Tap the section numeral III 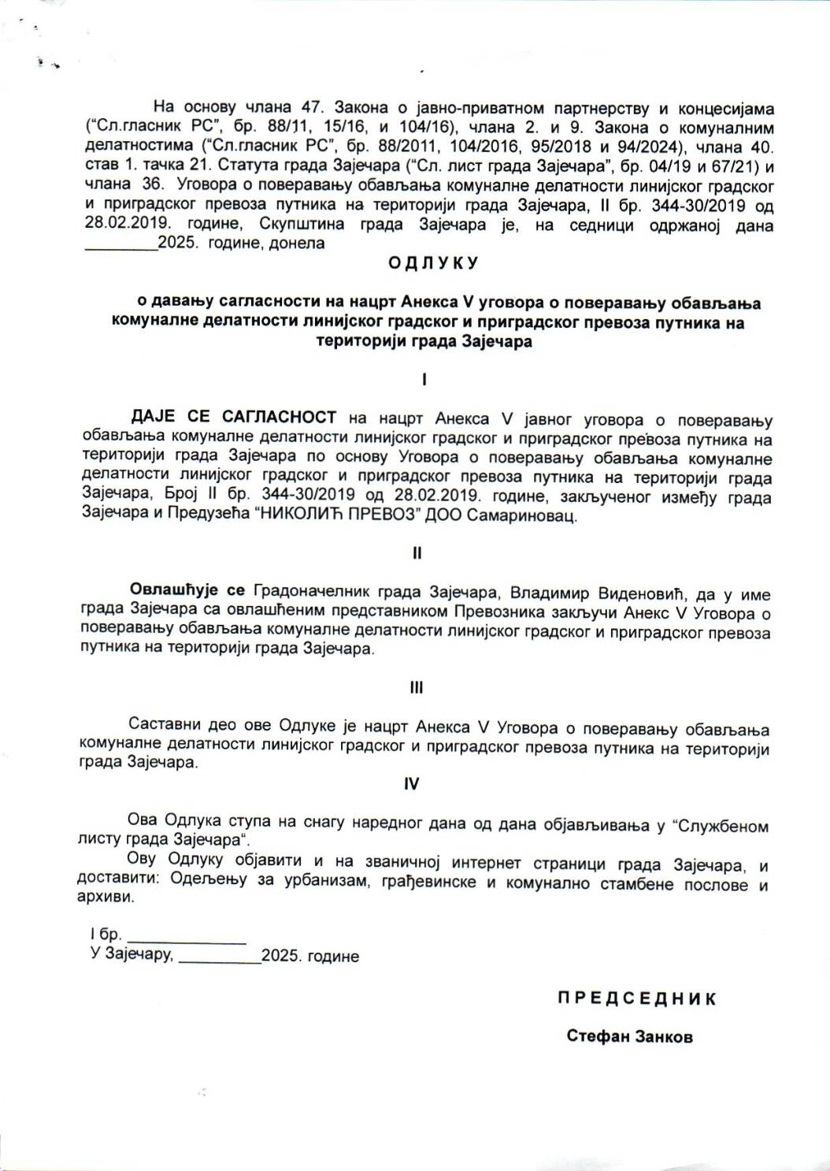point(417,688)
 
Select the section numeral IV point(412,783)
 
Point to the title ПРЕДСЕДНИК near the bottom point(637,998)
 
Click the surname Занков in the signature point(660,1036)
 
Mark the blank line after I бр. point(187,937)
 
